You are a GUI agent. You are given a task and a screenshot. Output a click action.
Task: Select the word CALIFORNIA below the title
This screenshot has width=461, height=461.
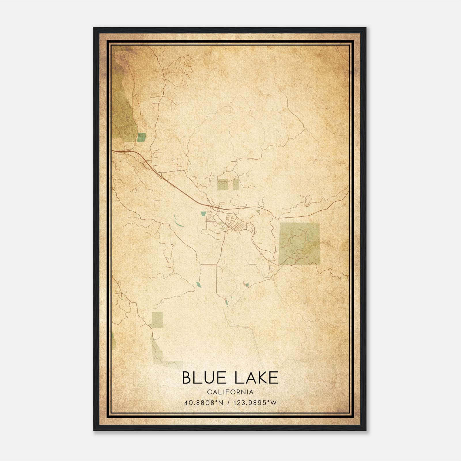pyautogui.click(x=230, y=392)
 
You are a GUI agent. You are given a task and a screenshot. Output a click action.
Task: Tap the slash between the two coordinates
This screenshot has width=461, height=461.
pyautogui.click(x=228, y=403)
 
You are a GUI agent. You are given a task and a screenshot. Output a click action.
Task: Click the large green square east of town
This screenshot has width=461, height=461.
pyautogui.click(x=299, y=243)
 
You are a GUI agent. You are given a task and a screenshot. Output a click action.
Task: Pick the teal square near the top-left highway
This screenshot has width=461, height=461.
pyautogui.click(x=141, y=137)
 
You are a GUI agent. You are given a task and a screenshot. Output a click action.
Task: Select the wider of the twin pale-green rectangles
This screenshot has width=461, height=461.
pyautogui.click(x=223, y=184)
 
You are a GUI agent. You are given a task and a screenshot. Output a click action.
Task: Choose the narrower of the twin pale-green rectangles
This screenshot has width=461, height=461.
pyautogui.click(x=236, y=184)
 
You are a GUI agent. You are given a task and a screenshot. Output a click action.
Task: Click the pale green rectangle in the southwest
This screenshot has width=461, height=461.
pyautogui.click(x=157, y=320)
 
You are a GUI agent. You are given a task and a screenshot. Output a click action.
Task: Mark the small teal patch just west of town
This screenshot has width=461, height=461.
pyautogui.click(x=204, y=214)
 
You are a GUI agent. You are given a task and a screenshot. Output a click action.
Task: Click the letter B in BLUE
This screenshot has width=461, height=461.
pyautogui.click(x=187, y=378)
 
